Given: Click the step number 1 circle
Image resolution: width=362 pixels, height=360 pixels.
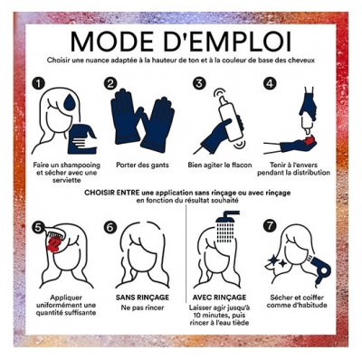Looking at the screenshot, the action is (x=38, y=83).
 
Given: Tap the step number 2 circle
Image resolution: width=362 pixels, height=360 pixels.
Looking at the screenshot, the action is (x=110, y=83).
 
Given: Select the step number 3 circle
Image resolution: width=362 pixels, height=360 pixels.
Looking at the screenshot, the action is (x=199, y=83).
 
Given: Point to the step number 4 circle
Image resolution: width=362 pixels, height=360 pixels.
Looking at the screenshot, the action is (x=270, y=83).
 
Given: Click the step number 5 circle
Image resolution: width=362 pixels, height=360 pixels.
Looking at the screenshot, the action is (x=38, y=227).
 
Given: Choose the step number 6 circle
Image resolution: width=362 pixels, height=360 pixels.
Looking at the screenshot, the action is (x=110, y=227).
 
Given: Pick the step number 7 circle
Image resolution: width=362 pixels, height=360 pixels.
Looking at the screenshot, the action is (x=270, y=226).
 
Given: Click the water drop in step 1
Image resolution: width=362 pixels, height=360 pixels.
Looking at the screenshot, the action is (x=69, y=101).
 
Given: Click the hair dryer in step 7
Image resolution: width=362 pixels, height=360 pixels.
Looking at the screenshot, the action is (x=319, y=270).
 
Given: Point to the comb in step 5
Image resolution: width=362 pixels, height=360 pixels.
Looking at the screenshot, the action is (x=53, y=233).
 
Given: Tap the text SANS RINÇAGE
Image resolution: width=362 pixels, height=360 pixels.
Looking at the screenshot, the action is (x=142, y=298).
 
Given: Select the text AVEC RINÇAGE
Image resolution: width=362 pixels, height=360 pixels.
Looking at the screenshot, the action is (x=219, y=298).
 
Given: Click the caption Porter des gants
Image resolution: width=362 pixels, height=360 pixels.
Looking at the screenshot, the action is (x=142, y=166).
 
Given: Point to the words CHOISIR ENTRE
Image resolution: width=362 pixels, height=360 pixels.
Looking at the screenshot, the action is (x=112, y=193).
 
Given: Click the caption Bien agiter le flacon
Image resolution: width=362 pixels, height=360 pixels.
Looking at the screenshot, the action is (x=220, y=166).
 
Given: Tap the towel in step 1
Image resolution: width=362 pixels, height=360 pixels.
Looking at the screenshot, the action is (x=81, y=138).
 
